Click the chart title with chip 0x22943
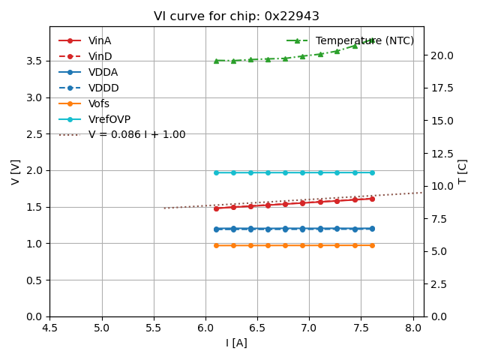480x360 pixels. coord(236,16)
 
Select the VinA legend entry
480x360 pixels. coord(100,40)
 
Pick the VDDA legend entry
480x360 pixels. coord(103,72)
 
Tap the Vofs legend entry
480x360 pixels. coord(98,103)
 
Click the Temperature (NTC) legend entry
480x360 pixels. coord(364,40)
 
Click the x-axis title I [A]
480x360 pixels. coord(236,343)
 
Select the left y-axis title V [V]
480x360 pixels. coord(16,171)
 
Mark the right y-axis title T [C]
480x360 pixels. coord(463,171)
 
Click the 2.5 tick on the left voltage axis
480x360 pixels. coord(36,134)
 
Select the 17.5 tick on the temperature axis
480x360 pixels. coord(441,88)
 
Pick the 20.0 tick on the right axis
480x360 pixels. coord(441,55)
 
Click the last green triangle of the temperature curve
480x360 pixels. coord(372,40)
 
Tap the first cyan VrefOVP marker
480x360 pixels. coord(216,172)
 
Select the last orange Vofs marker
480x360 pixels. coord(372,245)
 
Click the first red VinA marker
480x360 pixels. coord(216,208)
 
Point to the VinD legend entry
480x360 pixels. coord(100,56)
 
